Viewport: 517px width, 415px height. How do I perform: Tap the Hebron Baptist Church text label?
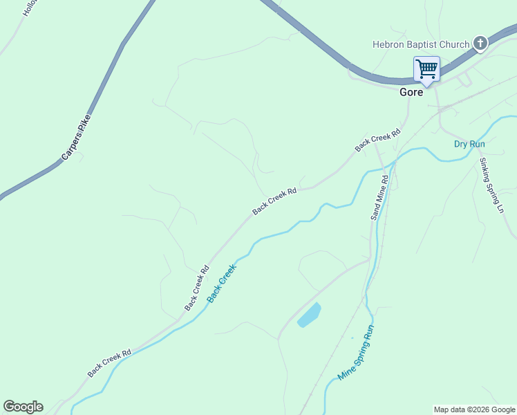[421, 44]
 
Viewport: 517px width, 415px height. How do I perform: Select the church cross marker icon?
[480, 44]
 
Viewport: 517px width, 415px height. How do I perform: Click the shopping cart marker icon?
[426, 69]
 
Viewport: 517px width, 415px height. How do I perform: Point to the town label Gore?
[411, 92]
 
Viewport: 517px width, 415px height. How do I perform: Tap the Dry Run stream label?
[469, 144]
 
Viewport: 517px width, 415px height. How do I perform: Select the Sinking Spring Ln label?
[491, 185]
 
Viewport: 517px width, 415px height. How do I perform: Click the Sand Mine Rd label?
[380, 197]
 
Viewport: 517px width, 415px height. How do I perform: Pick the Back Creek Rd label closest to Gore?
[378, 140]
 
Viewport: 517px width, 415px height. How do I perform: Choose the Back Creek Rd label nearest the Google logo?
[109, 363]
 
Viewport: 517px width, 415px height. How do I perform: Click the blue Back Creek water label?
[222, 282]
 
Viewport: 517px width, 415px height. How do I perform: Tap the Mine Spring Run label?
[355, 353]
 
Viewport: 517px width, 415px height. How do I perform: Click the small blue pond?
[309, 315]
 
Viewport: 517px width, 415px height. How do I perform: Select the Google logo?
[23, 407]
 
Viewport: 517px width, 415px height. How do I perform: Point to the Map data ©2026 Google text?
[474, 409]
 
